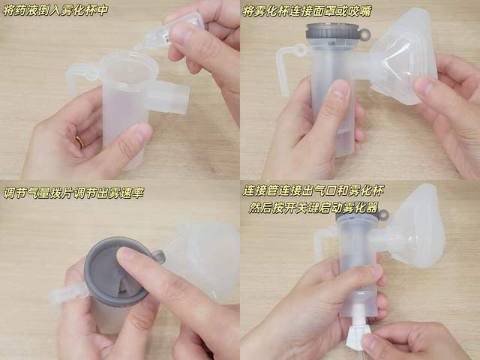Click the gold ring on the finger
coord(79,142)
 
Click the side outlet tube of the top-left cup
coord(167,96)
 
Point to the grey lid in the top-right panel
coord(333,35)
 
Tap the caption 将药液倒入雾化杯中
coord(55,10)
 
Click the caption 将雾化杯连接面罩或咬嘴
coord(307,11)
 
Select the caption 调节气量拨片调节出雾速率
coord(73,193)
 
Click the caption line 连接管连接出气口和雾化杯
coord(313,190)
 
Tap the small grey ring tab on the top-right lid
coord(364,34)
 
